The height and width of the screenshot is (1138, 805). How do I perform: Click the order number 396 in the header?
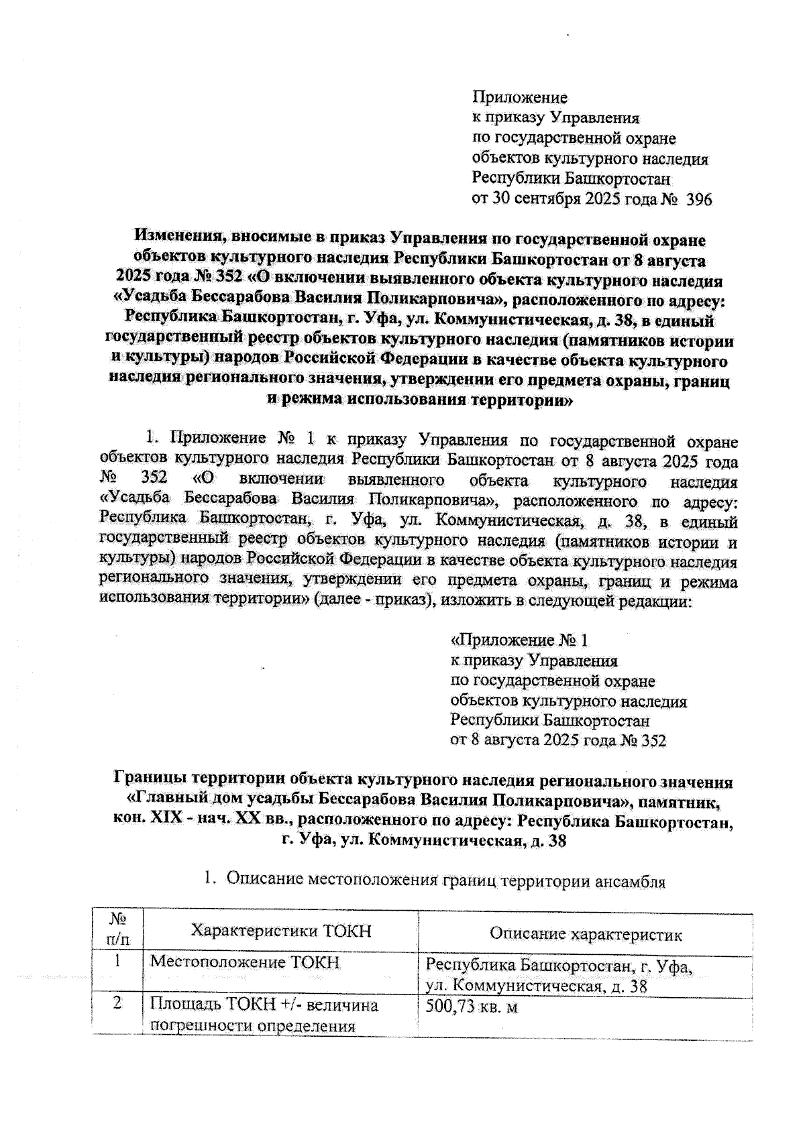pos(698,199)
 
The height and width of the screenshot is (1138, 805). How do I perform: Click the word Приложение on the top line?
pos(520,98)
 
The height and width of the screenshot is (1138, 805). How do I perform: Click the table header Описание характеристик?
pos(585,933)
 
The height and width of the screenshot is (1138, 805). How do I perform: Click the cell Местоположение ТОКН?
pos(244,963)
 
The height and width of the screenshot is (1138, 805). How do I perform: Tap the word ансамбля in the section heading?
pos(631,881)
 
